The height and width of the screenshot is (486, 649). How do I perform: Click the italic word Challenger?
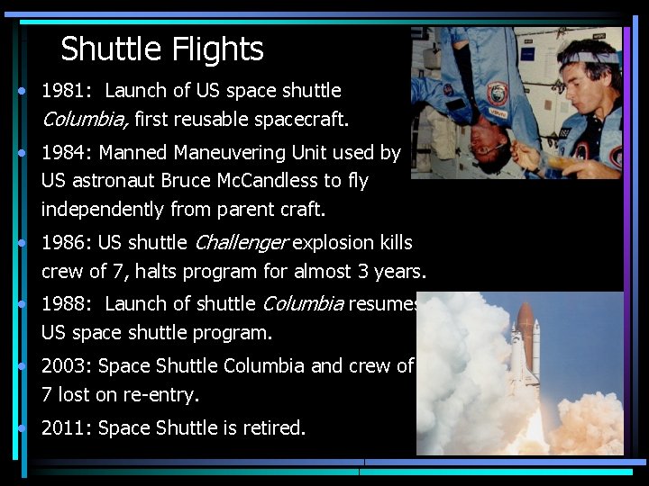pyautogui.click(x=241, y=242)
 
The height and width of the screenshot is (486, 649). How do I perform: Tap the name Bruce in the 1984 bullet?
pyautogui.click(x=187, y=180)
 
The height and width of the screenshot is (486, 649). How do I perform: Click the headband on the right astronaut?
pyautogui.click(x=590, y=57)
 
